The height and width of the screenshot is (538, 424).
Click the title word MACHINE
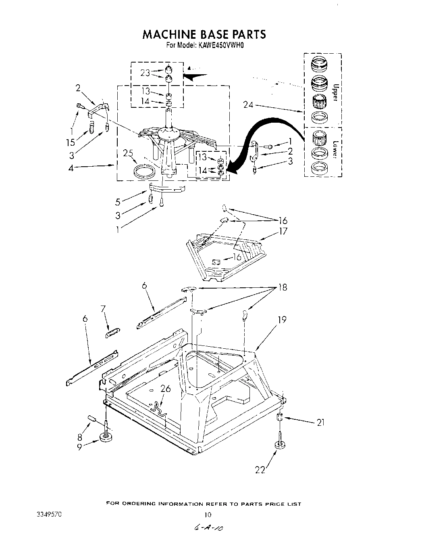click(x=169, y=34)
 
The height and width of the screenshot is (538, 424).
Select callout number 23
click(x=145, y=73)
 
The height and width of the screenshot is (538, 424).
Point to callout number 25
click(x=128, y=153)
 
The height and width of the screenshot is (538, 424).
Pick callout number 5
click(x=118, y=201)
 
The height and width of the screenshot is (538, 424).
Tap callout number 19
click(x=282, y=320)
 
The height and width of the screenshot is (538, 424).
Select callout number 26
click(x=166, y=389)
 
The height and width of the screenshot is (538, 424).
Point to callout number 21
click(x=320, y=423)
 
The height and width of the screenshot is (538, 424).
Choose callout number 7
click(x=103, y=310)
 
